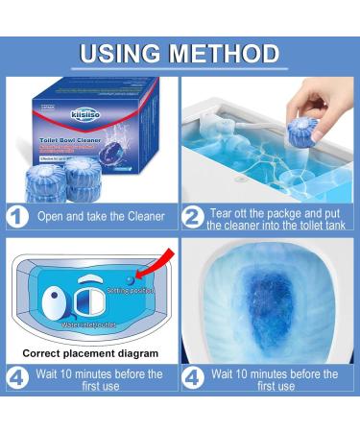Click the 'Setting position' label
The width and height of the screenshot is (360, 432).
[132, 289]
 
